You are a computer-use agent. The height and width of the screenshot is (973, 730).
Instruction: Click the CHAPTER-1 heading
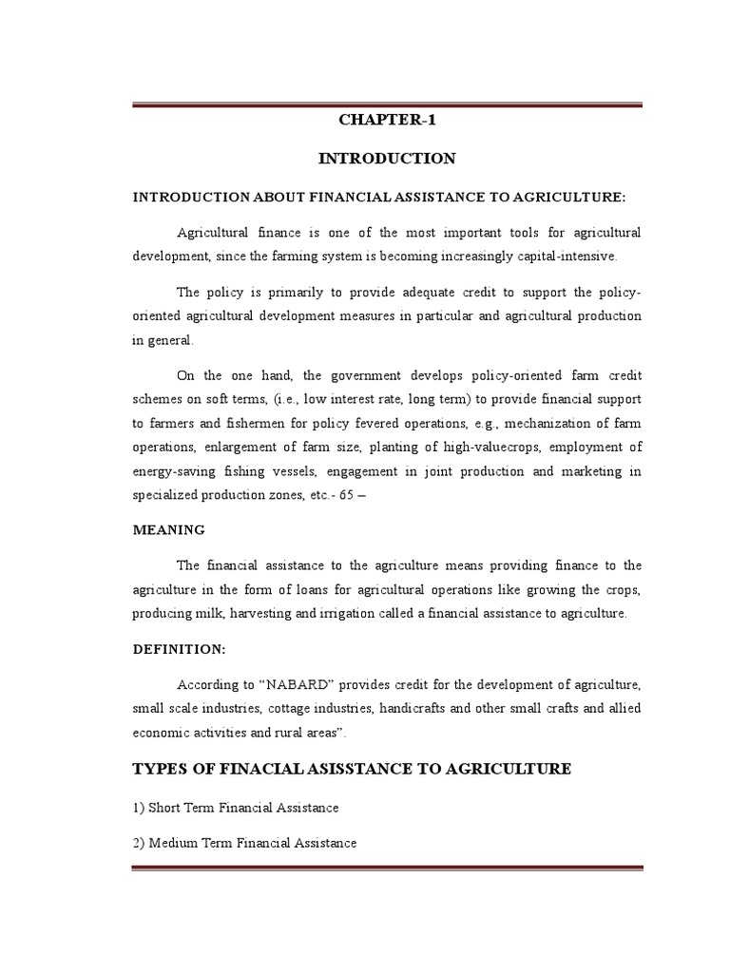tap(388, 120)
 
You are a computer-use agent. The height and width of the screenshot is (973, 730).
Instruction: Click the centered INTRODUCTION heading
tap(388, 158)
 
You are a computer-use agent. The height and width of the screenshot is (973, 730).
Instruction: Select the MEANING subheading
tap(168, 529)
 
